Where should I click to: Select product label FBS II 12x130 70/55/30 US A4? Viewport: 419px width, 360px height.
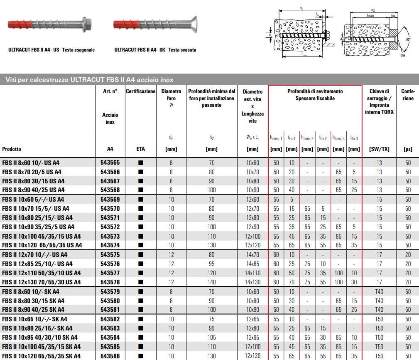(42, 282)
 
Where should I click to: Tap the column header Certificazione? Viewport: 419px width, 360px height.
(141, 91)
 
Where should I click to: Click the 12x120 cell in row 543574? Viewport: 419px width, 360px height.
(252, 245)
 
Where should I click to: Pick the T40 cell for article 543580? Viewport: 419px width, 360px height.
(379, 301)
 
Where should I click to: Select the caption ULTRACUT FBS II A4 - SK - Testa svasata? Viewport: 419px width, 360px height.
(155, 50)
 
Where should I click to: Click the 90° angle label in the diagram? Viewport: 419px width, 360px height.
(408, 39)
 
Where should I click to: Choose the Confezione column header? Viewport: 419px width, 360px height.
(408, 95)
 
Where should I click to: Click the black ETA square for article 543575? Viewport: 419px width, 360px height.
(141, 254)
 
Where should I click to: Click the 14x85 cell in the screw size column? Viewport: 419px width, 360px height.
(252, 264)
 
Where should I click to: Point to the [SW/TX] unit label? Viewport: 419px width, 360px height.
(379, 149)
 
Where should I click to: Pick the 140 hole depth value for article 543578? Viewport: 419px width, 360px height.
(212, 282)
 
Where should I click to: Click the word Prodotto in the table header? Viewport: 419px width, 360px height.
(12, 149)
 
